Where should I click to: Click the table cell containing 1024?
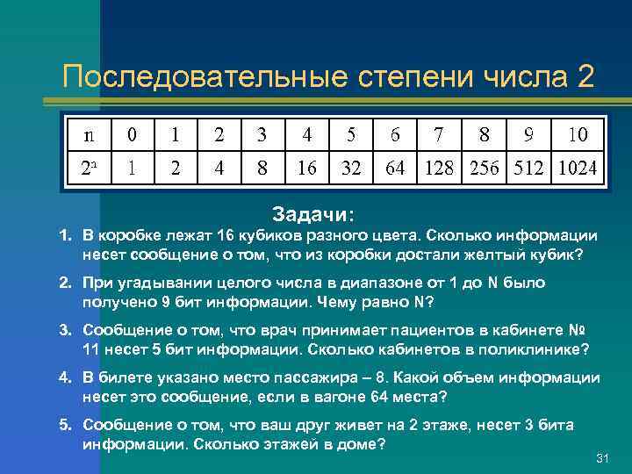coord(577,167)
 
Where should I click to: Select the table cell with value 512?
coord(527,167)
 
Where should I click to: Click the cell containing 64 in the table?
coord(395,167)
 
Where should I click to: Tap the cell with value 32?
coord(351,167)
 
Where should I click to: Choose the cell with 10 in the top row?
coord(577,135)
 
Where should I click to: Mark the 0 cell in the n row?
coord(132,135)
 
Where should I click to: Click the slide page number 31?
coord(602,459)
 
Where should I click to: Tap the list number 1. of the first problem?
coord(65,236)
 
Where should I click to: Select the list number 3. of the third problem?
coord(65,330)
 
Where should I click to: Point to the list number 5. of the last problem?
coord(65,425)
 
